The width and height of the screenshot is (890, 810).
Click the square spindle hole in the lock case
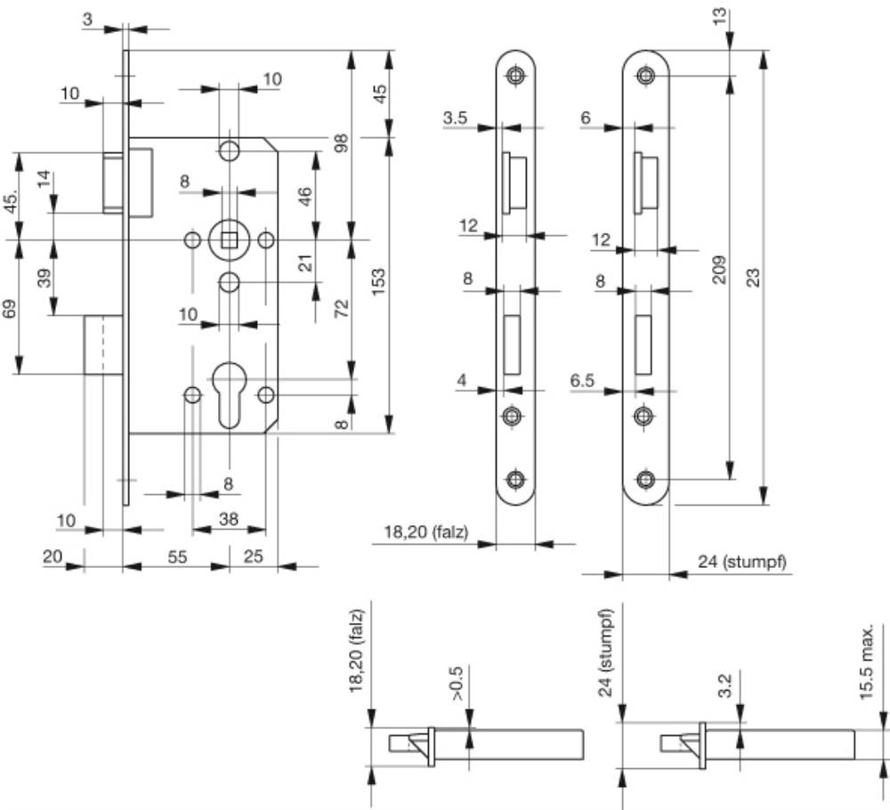point(229,239)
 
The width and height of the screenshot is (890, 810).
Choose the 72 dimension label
point(340,309)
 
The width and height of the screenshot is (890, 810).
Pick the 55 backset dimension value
point(177,556)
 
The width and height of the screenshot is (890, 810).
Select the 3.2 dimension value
point(725,686)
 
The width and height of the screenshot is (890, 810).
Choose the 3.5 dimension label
point(457,117)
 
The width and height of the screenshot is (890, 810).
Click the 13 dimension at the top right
point(720,17)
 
